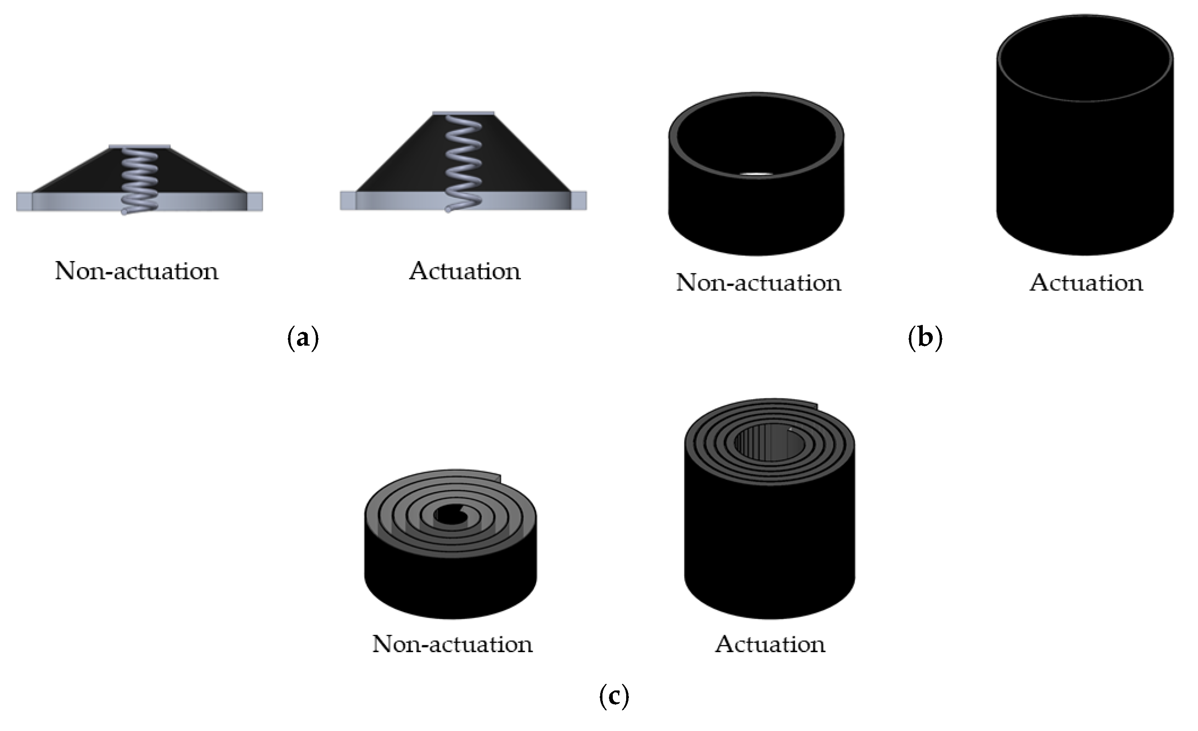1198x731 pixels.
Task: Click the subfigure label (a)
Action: point(303,337)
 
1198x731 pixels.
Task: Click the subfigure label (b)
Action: point(925,337)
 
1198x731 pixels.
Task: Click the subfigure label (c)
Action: point(614,696)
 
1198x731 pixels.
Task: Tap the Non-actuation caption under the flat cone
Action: point(137,271)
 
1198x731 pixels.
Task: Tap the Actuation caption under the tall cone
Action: point(464,271)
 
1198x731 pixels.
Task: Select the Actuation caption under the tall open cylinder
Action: point(1086,282)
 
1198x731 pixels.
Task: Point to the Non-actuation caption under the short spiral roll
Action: point(452,644)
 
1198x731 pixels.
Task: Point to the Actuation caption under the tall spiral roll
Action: point(770,644)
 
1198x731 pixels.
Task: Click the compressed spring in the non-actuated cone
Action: point(140,178)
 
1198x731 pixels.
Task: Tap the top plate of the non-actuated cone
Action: point(140,146)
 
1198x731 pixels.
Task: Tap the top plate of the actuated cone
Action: point(464,113)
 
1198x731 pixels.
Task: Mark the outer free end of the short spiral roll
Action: point(498,477)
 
